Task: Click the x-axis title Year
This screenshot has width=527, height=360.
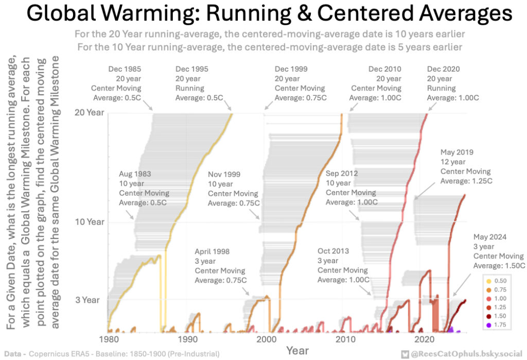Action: click(x=297, y=350)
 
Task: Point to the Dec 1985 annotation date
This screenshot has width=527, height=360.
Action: click(x=125, y=69)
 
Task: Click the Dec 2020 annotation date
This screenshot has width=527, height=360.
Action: click(x=443, y=69)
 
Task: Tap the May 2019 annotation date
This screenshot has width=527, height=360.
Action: click(x=457, y=152)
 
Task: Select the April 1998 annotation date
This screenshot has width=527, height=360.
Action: click(x=212, y=252)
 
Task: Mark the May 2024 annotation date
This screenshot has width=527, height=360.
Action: click(x=490, y=237)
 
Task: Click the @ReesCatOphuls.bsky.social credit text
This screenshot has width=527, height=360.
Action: click(x=466, y=354)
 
